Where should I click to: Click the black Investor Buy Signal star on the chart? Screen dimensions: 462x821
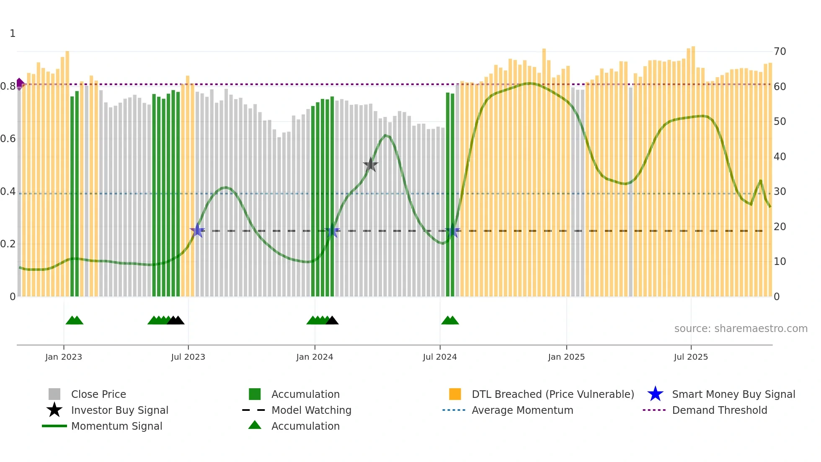(370, 164)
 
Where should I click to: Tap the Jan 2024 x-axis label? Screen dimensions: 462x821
(315, 357)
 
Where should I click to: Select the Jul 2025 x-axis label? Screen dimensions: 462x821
(691, 357)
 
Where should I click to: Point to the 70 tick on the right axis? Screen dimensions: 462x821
(780, 52)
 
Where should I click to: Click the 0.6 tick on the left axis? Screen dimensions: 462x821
(8, 139)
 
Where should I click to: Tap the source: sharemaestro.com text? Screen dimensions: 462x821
(741, 329)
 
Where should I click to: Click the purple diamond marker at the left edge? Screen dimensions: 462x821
(20, 84)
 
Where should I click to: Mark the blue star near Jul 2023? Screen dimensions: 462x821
(197, 230)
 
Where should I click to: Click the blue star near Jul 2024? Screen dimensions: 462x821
(452, 231)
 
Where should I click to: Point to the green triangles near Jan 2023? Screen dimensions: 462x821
(75, 320)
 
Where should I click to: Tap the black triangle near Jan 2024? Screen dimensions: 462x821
(332, 320)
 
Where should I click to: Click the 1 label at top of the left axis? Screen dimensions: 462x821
(13, 34)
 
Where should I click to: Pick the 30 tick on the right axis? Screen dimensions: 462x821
(780, 192)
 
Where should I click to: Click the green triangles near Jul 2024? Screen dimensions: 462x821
(450, 320)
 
